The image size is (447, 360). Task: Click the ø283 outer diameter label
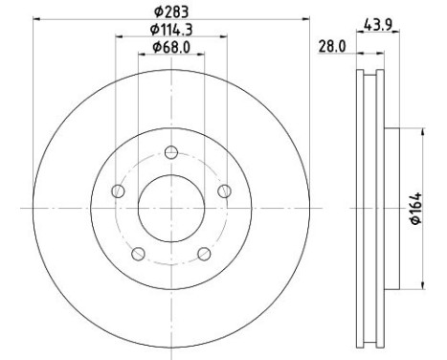tap(171, 12)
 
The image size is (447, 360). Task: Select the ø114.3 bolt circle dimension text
tap(171, 30)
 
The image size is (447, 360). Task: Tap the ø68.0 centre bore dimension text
tap(171, 48)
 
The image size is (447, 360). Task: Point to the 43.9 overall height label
tap(378, 25)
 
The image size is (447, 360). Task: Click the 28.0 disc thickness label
tap(332, 47)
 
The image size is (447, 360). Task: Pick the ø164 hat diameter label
tap(416, 209)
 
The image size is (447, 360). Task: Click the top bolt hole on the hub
tap(171, 152)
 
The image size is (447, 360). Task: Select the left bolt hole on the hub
tap(118, 191)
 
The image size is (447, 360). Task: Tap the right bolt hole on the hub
tap(225, 191)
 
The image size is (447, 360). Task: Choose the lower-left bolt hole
tap(138, 254)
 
